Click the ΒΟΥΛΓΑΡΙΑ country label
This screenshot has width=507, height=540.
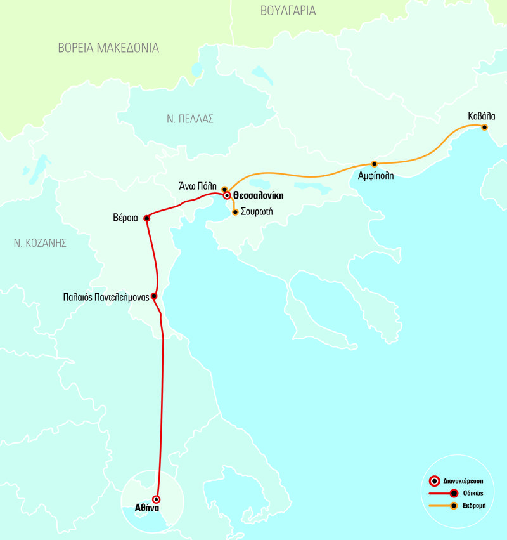(288, 11)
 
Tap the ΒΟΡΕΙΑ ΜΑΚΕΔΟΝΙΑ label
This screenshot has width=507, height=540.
(108, 48)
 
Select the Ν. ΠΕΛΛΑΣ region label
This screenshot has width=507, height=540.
(190, 119)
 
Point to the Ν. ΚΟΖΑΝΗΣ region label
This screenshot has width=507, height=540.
(42, 242)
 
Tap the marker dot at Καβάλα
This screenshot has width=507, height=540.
(484, 128)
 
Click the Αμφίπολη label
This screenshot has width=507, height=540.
(376, 176)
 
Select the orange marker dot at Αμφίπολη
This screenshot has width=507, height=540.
(374, 164)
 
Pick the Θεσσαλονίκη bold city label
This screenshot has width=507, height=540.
(258, 196)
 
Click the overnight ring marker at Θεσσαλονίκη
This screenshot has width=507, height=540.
(226, 195)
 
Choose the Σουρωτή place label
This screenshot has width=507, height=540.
(257, 212)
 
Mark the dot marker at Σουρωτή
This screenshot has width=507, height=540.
(236, 212)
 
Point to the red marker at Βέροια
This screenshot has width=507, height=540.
(146, 218)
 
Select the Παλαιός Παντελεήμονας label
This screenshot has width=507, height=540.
(106, 296)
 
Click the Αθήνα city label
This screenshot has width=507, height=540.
(147, 508)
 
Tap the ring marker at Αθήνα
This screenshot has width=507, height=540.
(157, 499)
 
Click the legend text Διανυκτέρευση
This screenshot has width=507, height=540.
(470, 481)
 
